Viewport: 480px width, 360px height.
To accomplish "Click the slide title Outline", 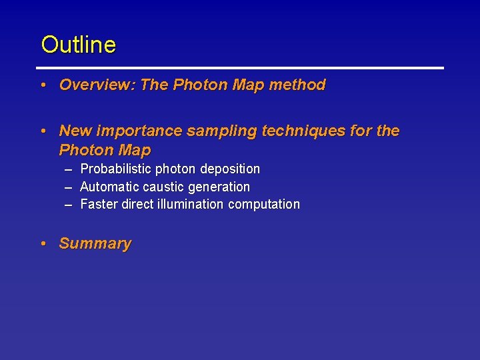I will click(x=78, y=45).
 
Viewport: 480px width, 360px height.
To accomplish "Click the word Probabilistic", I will click(x=115, y=169).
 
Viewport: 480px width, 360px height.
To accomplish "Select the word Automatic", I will click(x=109, y=187).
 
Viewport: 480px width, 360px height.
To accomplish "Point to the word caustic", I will click(x=163, y=187).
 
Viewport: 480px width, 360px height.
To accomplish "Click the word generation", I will click(x=219, y=187).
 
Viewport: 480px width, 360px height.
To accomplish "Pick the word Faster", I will click(x=99, y=204).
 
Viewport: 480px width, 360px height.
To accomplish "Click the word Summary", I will click(x=95, y=243).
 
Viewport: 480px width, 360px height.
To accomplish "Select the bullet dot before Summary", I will click(x=42, y=244).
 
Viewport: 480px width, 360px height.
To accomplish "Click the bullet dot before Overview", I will click(x=42, y=85).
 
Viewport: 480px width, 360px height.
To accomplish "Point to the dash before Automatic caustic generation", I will click(x=68, y=187).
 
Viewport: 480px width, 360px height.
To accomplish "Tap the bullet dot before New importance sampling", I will click(x=42, y=131).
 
